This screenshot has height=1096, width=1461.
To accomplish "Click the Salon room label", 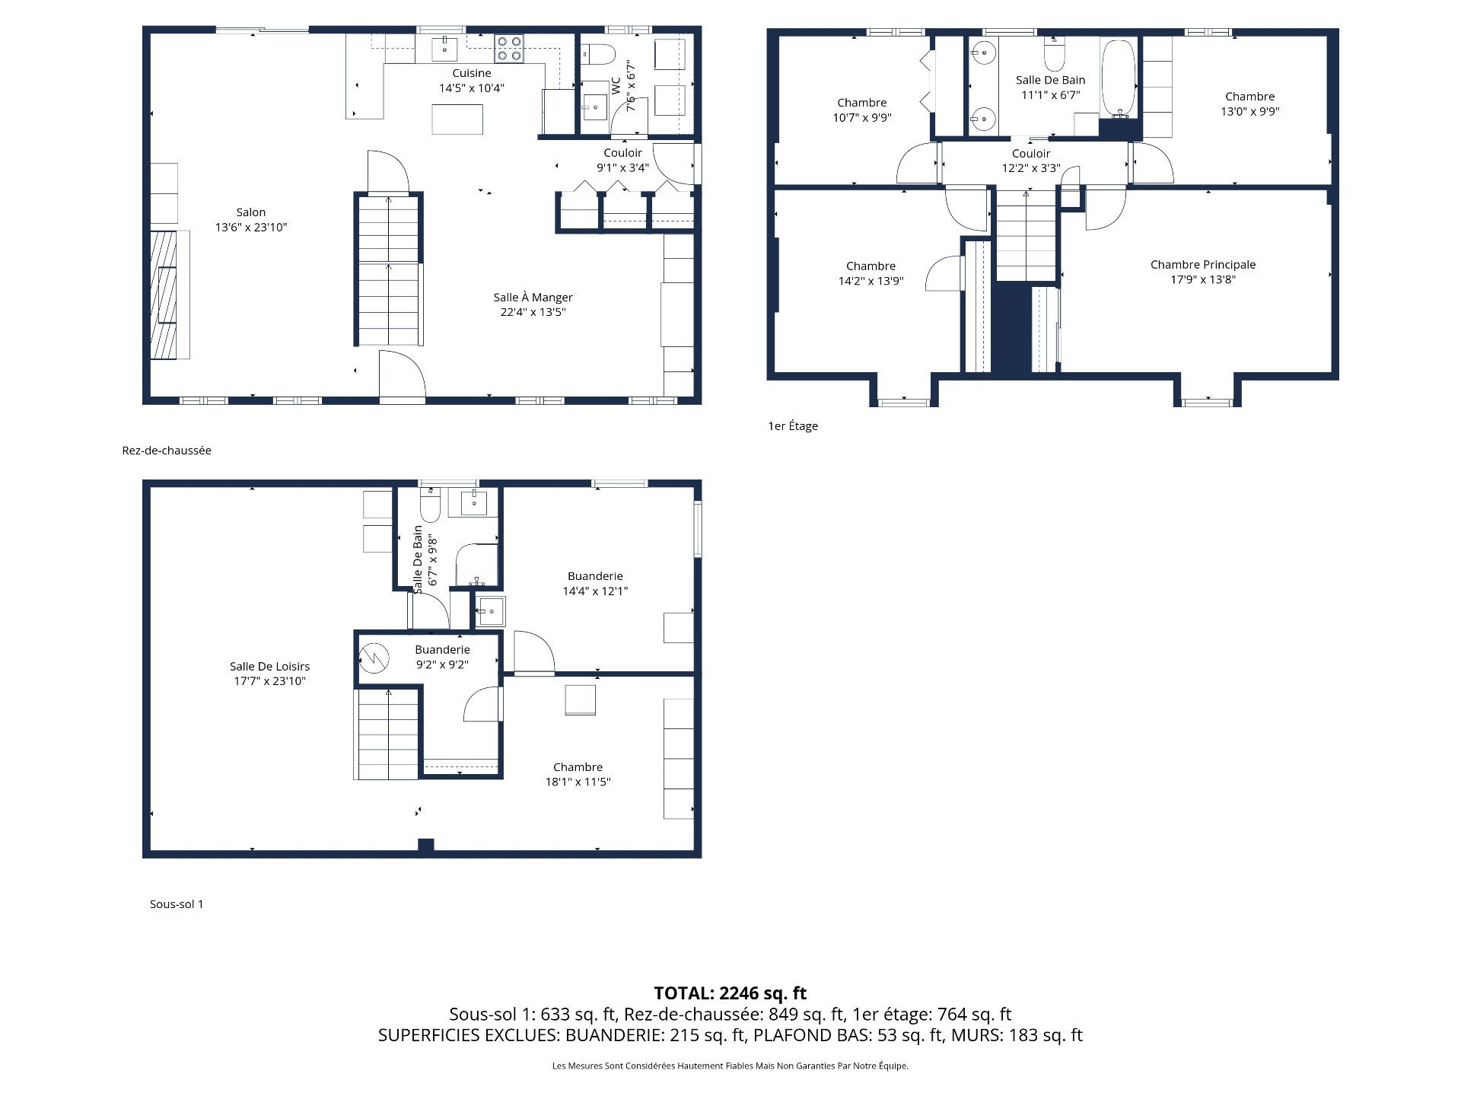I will (x=251, y=219).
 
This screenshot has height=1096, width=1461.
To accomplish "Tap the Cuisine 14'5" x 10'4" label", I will (x=471, y=80).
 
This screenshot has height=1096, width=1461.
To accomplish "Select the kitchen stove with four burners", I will (x=509, y=49).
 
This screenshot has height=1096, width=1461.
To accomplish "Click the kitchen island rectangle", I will (x=457, y=119).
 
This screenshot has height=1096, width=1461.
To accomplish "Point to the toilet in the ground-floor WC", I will (x=598, y=54).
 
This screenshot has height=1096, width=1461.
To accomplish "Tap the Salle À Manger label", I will (x=533, y=304).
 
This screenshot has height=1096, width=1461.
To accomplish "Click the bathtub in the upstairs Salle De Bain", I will (x=1118, y=78).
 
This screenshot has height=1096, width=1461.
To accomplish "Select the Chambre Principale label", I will (x=1202, y=272).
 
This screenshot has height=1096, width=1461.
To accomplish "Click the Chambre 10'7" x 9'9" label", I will (x=861, y=110).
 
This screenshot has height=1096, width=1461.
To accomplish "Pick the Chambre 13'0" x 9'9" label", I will (x=1249, y=104).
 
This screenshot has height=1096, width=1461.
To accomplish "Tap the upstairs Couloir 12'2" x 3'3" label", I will (x=1030, y=161).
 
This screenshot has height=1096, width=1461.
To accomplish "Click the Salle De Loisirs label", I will (x=269, y=674).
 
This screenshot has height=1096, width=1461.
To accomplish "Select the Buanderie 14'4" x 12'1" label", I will (x=595, y=583).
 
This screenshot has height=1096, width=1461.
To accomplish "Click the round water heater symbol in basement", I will (x=374, y=657).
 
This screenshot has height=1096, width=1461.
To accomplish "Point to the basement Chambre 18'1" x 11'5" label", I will (x=578, y=774).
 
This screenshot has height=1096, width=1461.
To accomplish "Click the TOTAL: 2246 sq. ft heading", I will (x=730, y=993).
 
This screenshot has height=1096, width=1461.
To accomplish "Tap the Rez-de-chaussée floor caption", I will (x=167, y=451).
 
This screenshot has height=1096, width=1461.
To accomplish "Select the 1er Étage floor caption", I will (x=793, y=426).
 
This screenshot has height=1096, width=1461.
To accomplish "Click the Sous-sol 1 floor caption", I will (x=177, y=904).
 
